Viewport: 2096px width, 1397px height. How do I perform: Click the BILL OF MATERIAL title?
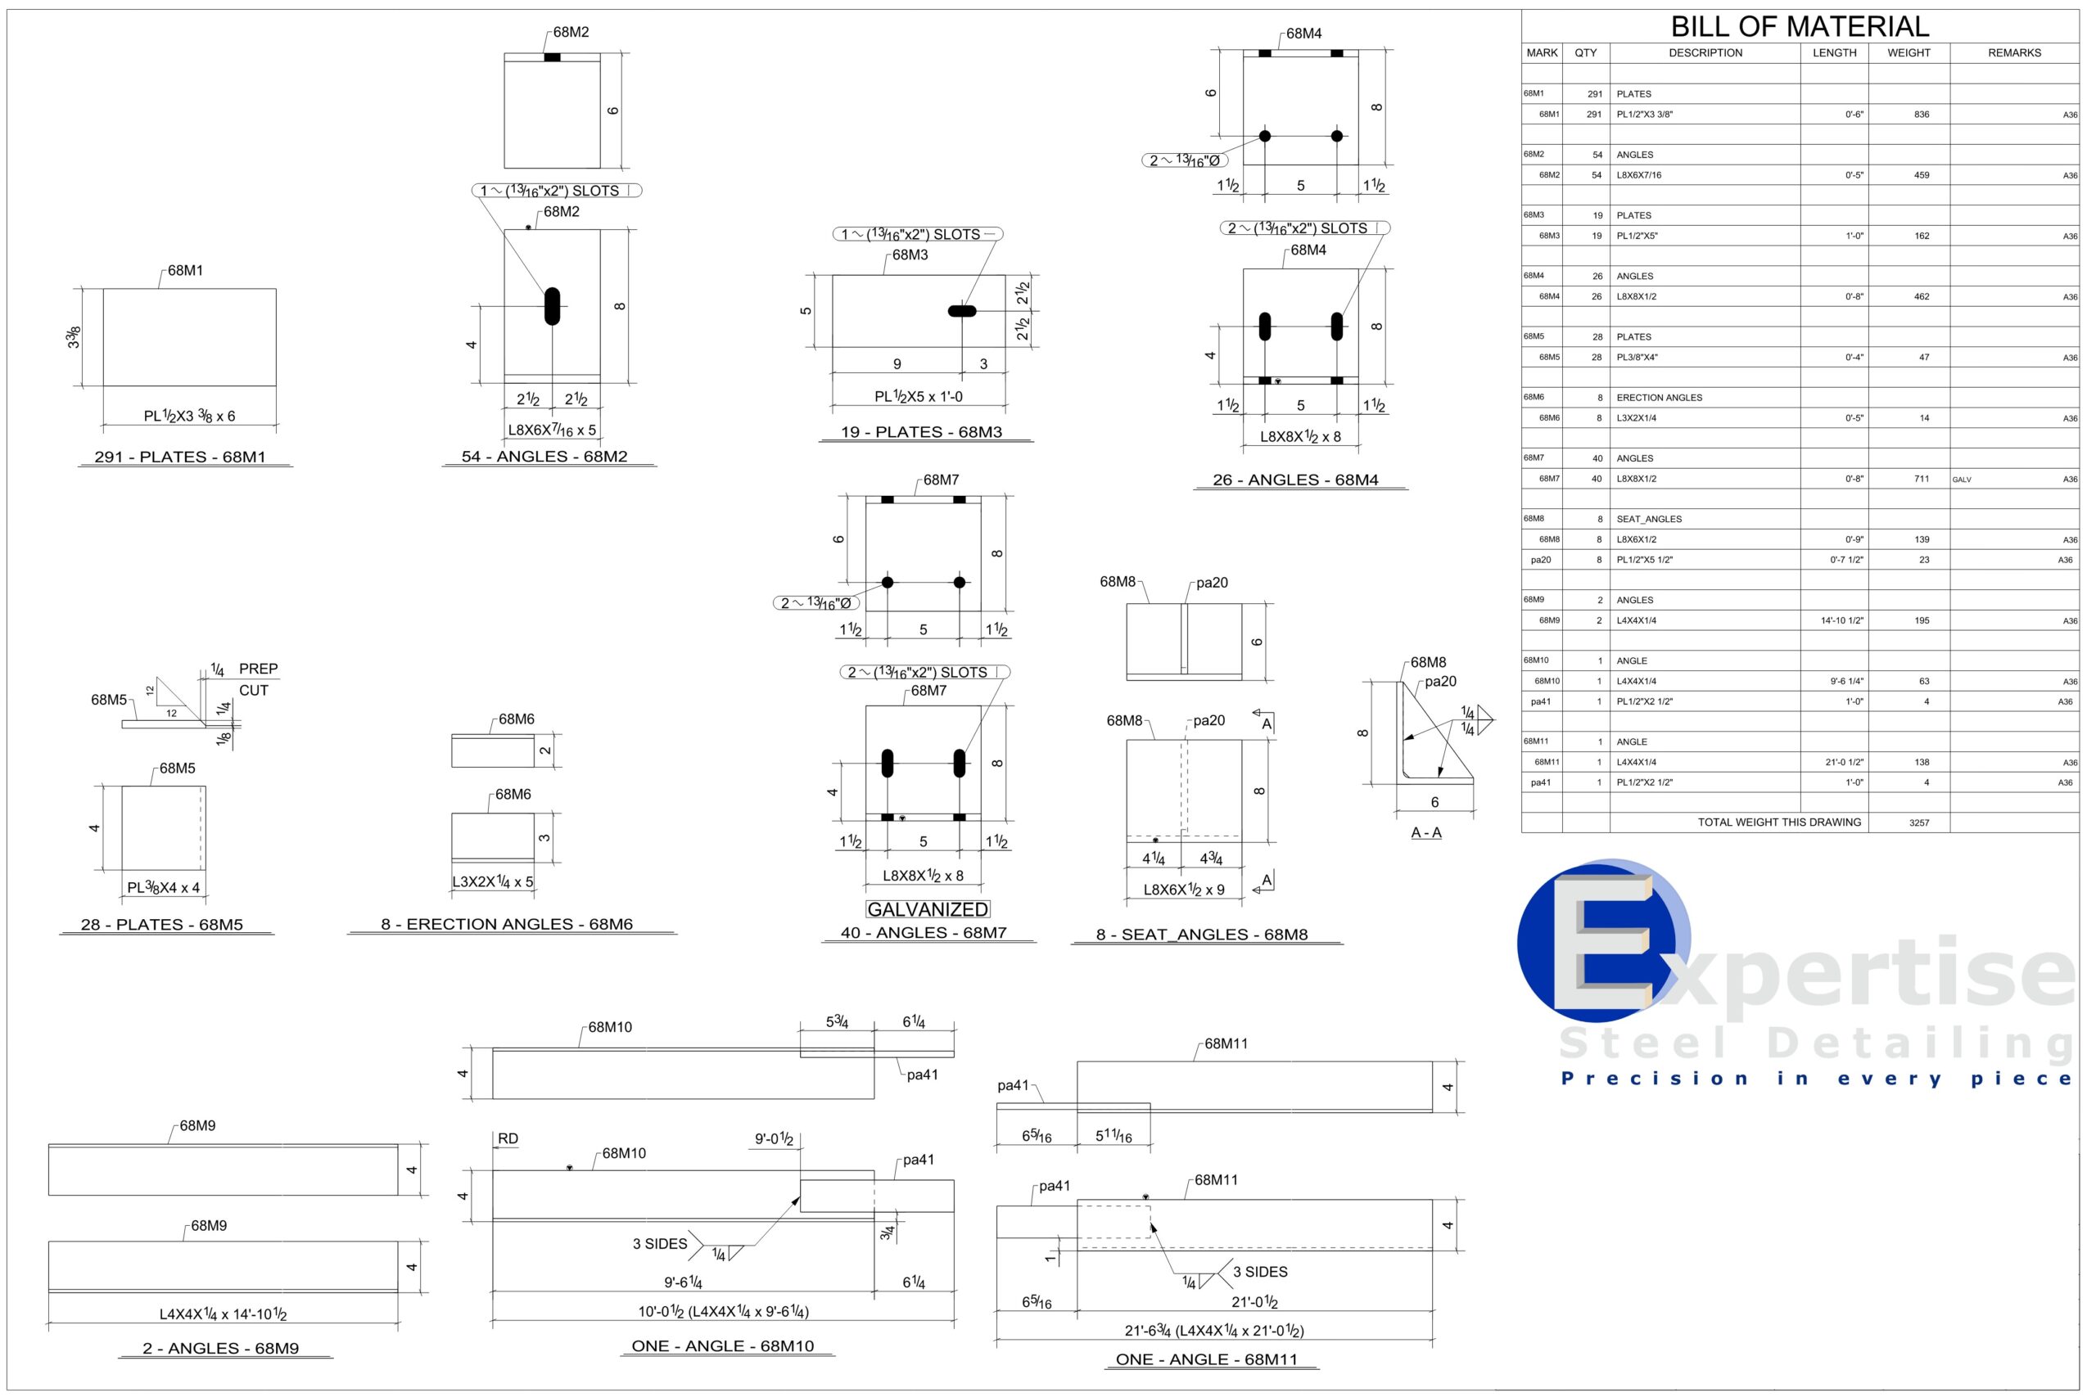point(1800,26)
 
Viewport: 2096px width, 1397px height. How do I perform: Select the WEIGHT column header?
point(1908,52)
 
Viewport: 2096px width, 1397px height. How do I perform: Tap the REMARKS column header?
point(2014,52)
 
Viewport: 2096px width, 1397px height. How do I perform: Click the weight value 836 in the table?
point(1922,114)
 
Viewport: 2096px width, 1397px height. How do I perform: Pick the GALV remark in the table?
point(1962,480)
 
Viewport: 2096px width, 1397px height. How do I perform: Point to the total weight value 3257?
point(1918,822)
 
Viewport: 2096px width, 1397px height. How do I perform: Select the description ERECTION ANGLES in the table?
point(1659,398)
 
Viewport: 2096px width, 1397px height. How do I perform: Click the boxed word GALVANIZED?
point(928,908)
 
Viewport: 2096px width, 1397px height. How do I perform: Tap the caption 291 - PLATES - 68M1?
point(180,456)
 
